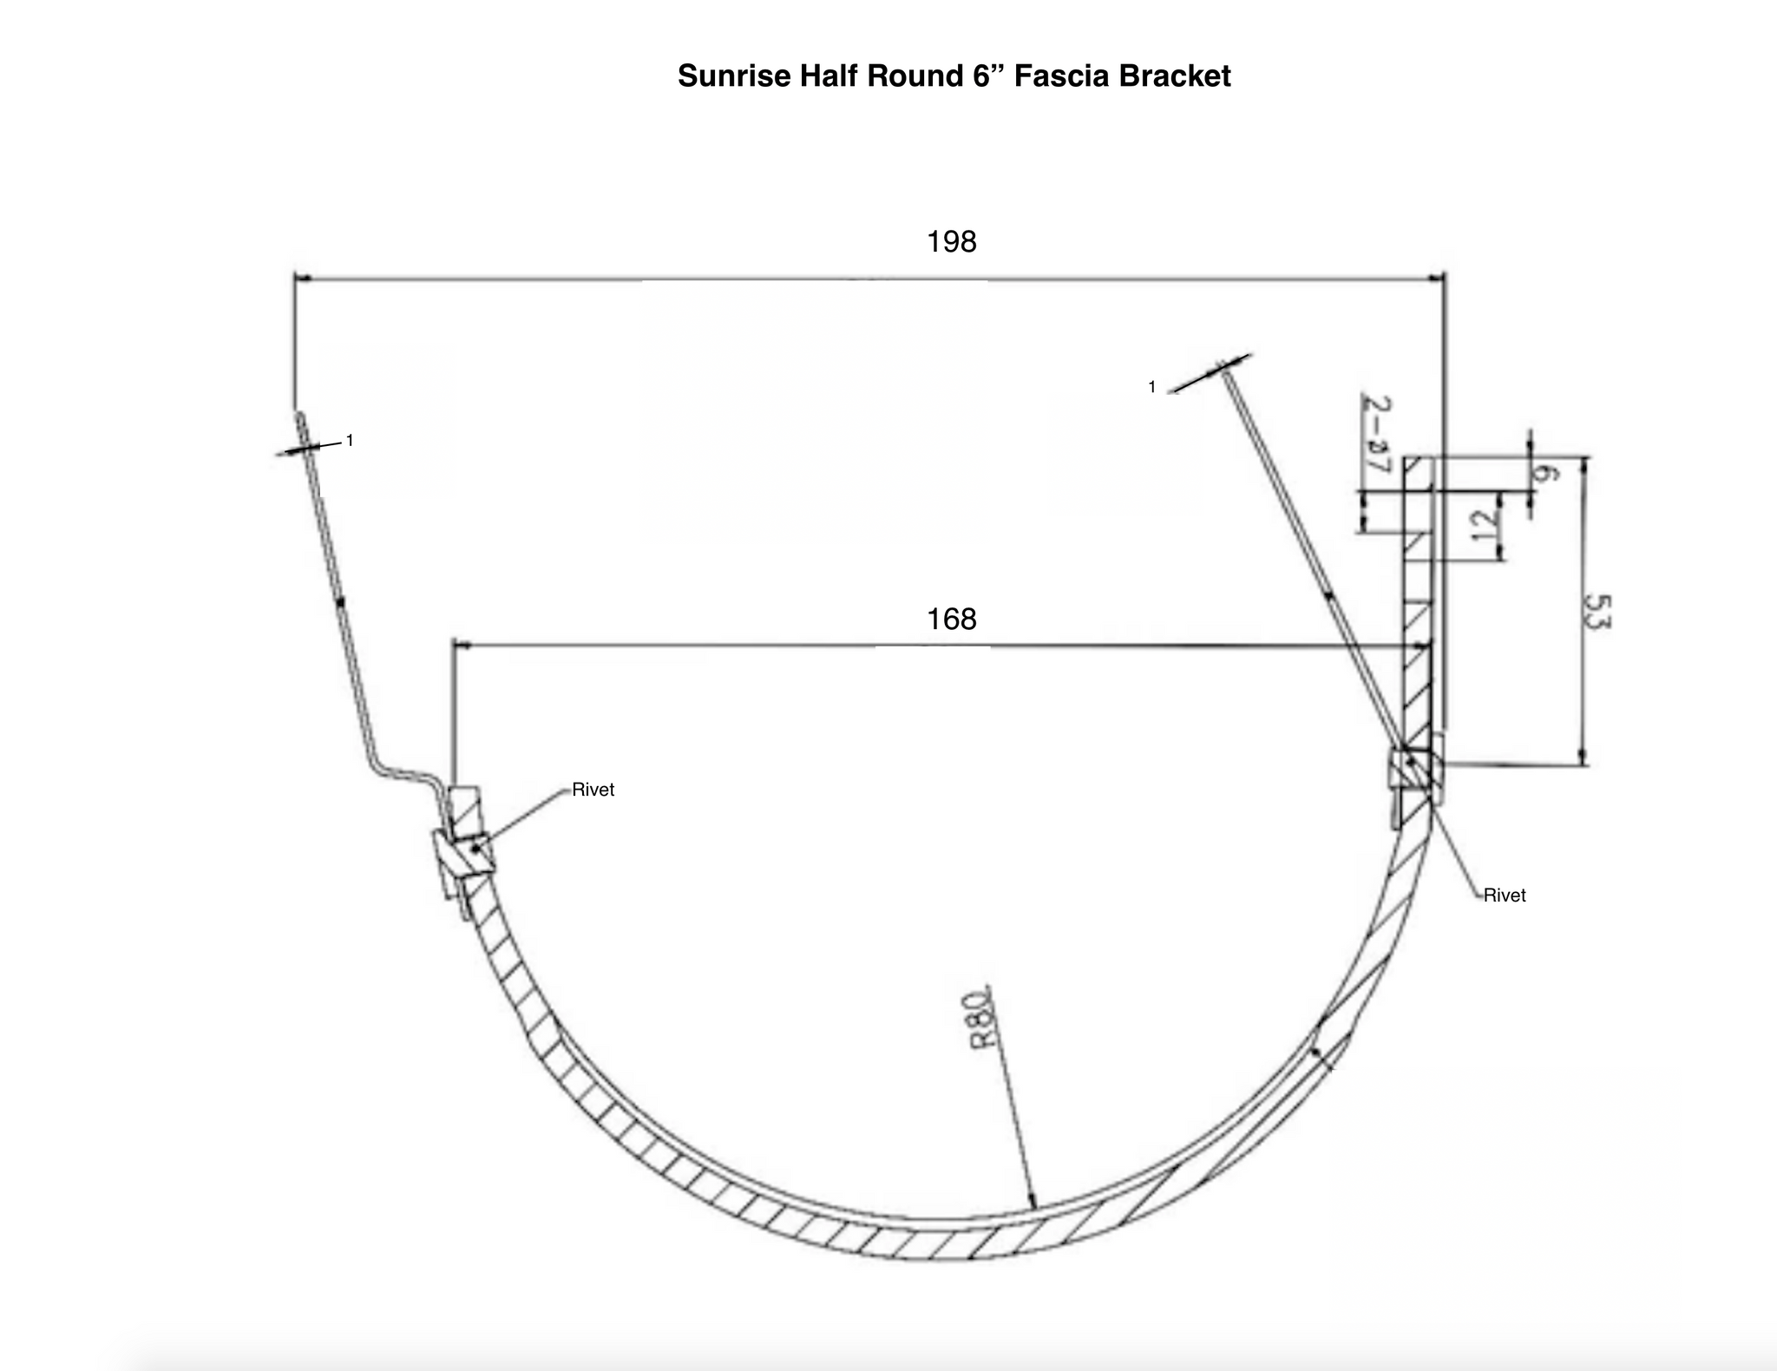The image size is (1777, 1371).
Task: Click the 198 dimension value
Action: coord(951,241)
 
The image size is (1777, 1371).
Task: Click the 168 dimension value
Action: coord(951,619)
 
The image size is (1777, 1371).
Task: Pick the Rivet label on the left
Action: coord(593,790)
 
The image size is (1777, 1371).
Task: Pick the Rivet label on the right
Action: coord(1504,895)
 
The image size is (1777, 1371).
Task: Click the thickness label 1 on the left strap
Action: coord(350,441)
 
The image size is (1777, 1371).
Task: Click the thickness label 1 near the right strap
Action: coord(1151,387)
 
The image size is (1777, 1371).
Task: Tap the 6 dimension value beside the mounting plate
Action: coord(1544,473)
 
